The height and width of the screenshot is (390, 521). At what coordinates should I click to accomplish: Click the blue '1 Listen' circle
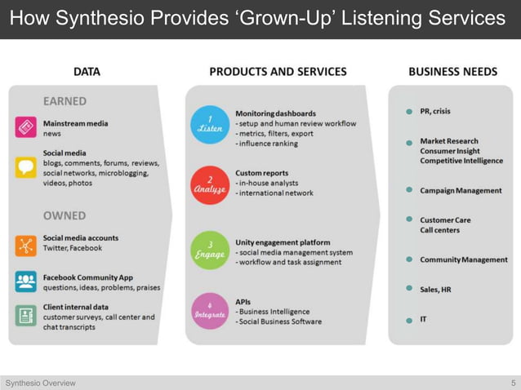click(211, 125)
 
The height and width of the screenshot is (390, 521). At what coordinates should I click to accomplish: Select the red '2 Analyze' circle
click(211, 184)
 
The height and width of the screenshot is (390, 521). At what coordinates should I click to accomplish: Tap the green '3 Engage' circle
click(211, 250)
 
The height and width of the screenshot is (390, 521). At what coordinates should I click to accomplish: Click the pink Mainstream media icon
click(25, 127)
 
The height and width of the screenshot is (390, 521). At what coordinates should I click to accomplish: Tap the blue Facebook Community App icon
click(25, 282)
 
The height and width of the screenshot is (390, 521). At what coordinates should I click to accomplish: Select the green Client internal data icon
click(25, 316)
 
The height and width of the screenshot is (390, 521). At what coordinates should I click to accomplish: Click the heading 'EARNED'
click(65, 101)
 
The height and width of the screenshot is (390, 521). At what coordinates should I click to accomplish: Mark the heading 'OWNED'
click(65, 216)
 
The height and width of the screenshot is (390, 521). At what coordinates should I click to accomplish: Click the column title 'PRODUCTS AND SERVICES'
click(278, 72)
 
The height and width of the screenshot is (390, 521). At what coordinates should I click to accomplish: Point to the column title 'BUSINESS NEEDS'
click(452, 72)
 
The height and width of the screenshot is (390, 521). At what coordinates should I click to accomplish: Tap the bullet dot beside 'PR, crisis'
click(409, 112)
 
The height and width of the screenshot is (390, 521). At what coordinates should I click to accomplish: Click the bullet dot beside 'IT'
click(409, 320)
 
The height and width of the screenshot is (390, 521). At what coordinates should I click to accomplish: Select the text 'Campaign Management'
click(461, 190)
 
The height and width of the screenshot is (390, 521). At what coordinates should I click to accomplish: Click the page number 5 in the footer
click(513, 383)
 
